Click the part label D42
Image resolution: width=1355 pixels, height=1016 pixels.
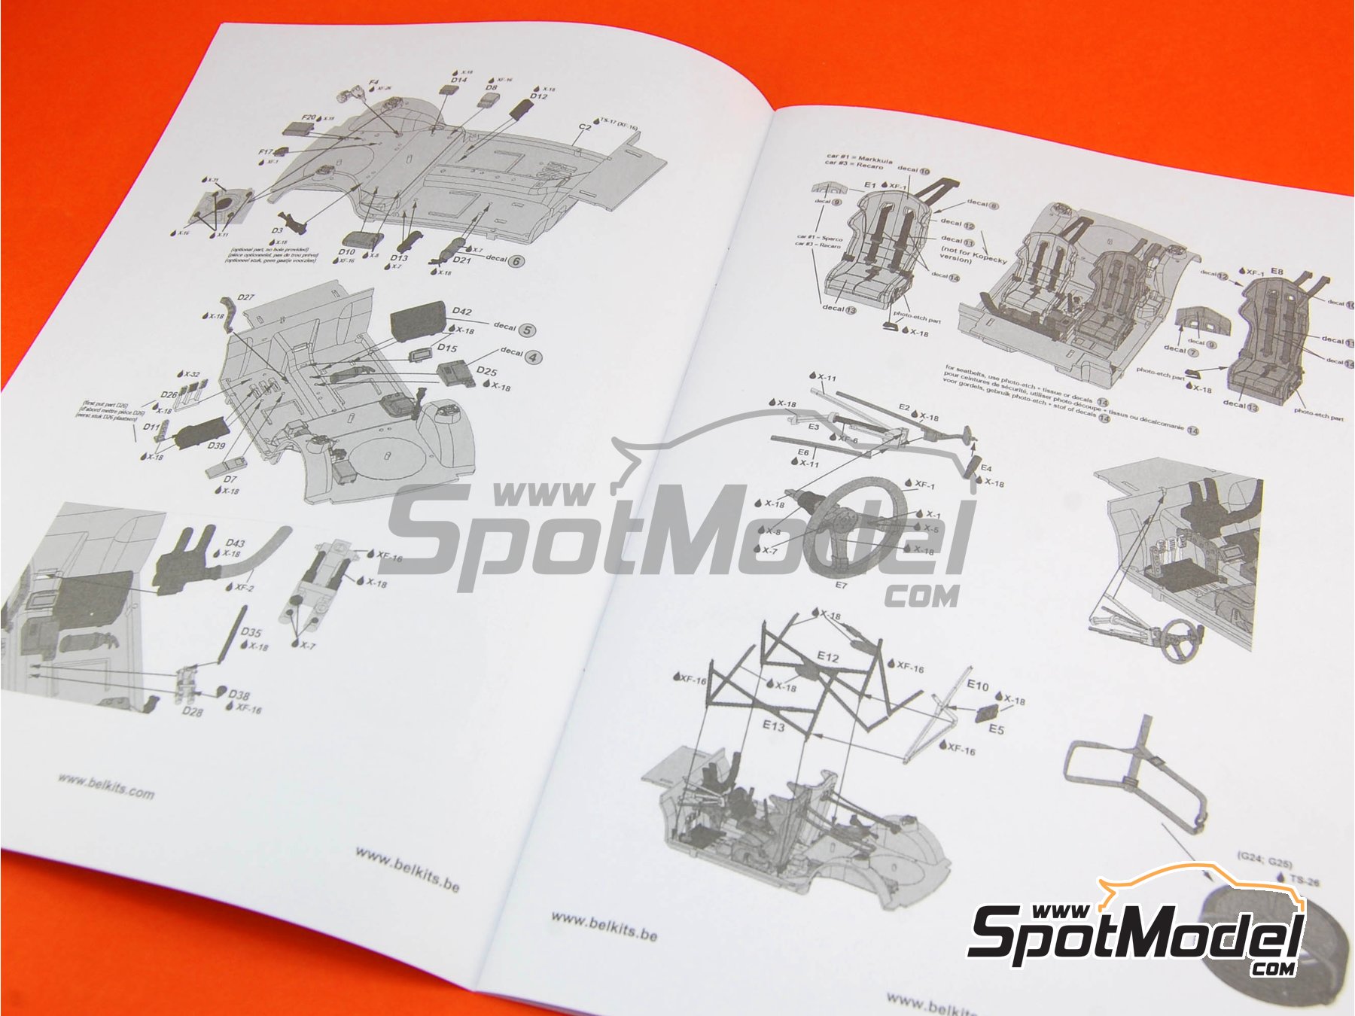462,311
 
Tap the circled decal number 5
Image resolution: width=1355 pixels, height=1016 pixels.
527,330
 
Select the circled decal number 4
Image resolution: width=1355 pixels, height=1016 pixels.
533,357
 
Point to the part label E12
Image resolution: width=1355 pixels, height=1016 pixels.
827,657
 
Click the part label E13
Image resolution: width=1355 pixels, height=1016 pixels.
773,725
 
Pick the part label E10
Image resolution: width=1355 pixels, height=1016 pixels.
977,685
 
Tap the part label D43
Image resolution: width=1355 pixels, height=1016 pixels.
235,543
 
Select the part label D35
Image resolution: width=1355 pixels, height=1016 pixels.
251,632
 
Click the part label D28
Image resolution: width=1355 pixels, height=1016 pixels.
192,710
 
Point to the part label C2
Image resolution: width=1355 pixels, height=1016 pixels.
585,127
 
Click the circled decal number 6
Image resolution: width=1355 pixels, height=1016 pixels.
516,261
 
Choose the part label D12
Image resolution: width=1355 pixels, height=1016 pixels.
539,96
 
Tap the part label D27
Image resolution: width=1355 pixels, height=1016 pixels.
245,297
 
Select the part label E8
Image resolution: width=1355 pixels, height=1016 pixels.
1276,271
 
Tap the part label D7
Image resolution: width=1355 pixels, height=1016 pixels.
230,479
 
